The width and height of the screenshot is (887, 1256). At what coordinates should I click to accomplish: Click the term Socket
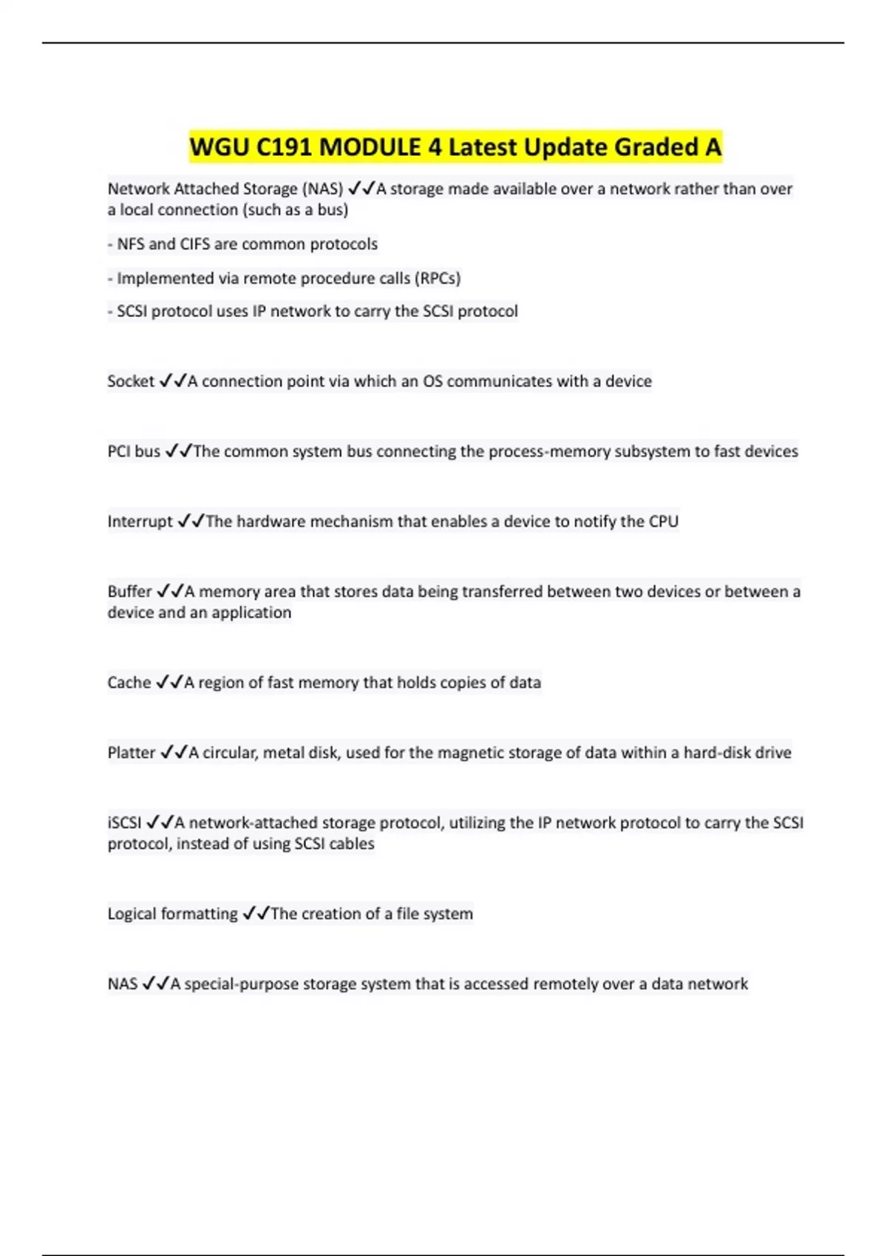131,381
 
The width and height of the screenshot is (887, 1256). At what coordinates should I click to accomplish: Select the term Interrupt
140,522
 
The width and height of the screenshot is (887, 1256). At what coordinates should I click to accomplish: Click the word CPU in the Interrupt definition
663,522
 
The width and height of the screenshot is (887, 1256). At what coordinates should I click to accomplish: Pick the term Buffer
129,592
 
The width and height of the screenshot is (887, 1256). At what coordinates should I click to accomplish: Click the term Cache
129,683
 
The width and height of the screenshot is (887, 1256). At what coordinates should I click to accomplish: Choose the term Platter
132,753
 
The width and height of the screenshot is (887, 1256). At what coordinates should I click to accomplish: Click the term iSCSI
124,823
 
